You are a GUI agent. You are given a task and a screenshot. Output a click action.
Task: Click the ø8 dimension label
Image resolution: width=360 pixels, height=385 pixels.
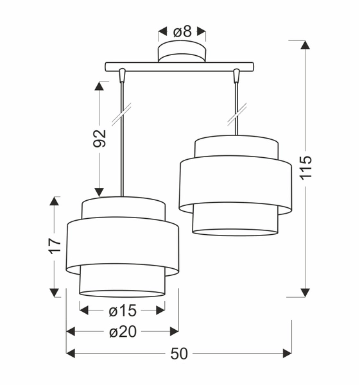(x=182, y=30)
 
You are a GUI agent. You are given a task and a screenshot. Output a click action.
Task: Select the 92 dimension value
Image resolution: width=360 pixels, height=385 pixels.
(x=99, y=139)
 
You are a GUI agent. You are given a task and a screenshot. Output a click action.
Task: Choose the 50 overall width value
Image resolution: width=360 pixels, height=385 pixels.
(x=180, y=354)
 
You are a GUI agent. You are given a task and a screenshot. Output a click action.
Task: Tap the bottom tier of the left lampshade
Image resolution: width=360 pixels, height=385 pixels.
(x=122, y=282)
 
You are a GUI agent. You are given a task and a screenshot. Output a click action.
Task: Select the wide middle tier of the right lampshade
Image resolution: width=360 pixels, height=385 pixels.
(x=237, y=184)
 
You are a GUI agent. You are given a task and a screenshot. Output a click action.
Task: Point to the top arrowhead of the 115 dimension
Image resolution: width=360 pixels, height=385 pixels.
(x=305, y=46)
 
